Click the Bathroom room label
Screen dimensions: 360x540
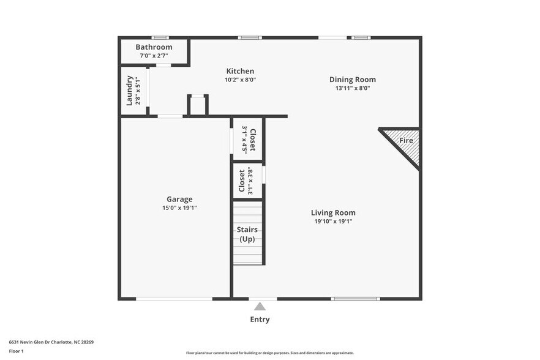point(154,47)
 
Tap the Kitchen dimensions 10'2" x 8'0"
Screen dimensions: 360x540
point(240,80)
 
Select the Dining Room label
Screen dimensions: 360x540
point(353,80)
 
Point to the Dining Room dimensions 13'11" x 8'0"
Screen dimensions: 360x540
point(353,88)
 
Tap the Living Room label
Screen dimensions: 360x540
point(333,213)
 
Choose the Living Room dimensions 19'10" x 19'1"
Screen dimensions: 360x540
point(333,222)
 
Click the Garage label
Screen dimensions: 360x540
point(179,199)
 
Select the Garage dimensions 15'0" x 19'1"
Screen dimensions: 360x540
point(179,208)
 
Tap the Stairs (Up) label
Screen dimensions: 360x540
point(247,234)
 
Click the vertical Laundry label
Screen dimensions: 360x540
point(130,90)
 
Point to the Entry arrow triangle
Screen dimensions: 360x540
point(260,306)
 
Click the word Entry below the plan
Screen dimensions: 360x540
point(260,319)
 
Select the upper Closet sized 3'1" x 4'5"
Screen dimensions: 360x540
point(248,139)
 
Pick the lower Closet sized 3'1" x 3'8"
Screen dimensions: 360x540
point(246,181)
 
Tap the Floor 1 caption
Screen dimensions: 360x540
point(16,351)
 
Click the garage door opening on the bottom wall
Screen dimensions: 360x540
point(174,299)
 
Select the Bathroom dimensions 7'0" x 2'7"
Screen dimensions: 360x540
point(154,56)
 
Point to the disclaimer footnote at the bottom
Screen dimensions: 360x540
point(269,353)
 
